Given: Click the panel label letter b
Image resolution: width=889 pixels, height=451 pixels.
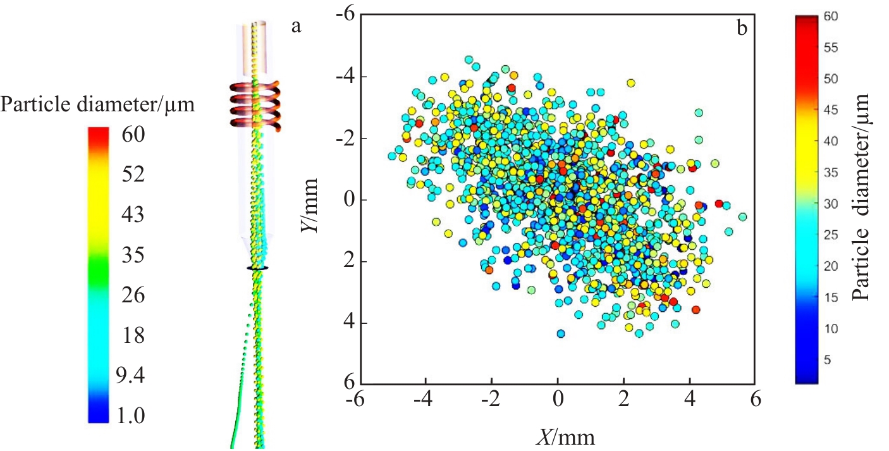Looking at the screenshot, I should click(x=740, y=27).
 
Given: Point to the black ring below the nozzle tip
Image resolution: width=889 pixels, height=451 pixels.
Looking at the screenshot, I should click(x=257, y=268).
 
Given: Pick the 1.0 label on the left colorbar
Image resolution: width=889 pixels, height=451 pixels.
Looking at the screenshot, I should click(x=130, y=416).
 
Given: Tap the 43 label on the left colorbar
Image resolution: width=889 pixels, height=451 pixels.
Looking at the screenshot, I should click(x=133, y=215).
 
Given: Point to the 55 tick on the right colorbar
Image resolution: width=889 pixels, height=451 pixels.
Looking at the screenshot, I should click(x=831, y=47).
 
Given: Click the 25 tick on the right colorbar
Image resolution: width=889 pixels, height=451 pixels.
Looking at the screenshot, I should click(x=831, y=235).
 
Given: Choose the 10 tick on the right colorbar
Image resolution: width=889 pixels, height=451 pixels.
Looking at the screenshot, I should click(x=831, y=328).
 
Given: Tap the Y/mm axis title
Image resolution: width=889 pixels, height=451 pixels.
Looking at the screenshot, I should click(x=309, y=202).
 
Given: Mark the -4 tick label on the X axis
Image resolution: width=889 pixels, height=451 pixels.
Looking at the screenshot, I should click(x=425, y=400).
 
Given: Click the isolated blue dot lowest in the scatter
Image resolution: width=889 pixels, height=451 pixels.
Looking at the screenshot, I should click(x=560, y=333).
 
